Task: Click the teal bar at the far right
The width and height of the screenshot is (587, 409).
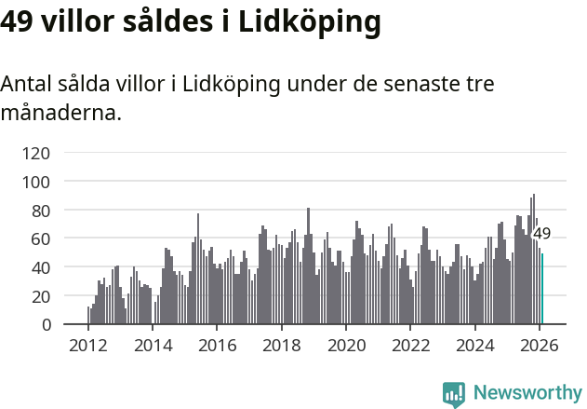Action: point(542,290)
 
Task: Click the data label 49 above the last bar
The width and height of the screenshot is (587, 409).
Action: point(541,234)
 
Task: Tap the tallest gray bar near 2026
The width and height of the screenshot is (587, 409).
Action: point(533,260)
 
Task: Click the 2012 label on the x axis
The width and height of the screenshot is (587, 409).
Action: point(88,346)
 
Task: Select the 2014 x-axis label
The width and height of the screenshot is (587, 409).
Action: point(153,346)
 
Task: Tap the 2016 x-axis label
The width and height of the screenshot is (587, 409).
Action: point(217,346)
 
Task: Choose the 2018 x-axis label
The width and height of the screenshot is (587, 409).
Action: point(281,346)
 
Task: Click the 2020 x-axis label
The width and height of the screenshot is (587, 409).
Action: point(346,346)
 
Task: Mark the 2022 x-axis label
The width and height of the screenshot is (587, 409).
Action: point(410,346)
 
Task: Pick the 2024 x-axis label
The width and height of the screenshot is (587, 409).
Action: point(474,346)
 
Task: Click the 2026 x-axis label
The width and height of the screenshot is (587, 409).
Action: point(539,346)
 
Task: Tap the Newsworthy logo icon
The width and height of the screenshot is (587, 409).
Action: point(454,394)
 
